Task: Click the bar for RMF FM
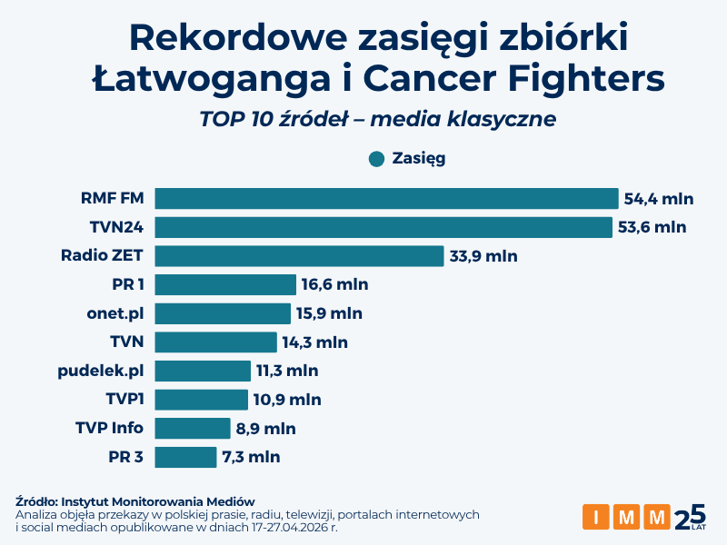point(386,199)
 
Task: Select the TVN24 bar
point(383,227)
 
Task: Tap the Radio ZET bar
point(299,256)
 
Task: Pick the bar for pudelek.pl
point(203,371)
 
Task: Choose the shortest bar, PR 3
point(185,457)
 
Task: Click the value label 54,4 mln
point(658,199)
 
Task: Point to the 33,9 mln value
point(483,256)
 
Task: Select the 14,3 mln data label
point(314,342)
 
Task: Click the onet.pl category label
point(115,313)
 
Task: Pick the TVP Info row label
point(109,428)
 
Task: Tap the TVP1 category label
point(124,400)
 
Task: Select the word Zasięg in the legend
point(419,159)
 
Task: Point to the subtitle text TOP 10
point(238,119)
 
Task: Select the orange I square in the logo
point(596,518)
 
